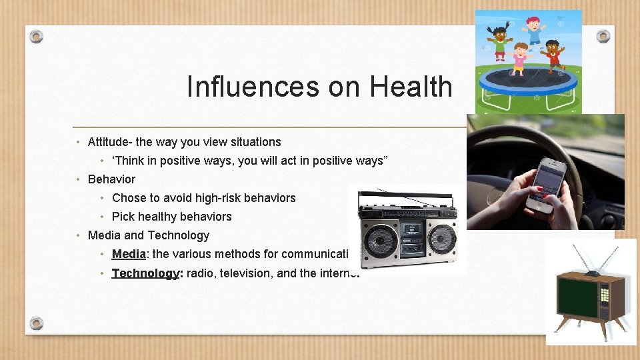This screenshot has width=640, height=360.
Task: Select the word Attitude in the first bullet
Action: click(x=109, y=142)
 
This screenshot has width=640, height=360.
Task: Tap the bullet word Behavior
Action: click(x=111, y=179)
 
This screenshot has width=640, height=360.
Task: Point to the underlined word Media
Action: click(x=129, y=254)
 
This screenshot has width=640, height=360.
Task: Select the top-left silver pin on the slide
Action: click(x=37, y=36)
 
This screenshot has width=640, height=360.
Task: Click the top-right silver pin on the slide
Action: click(x=603, y=36)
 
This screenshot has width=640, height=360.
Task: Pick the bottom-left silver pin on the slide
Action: click(x=37, y=323)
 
